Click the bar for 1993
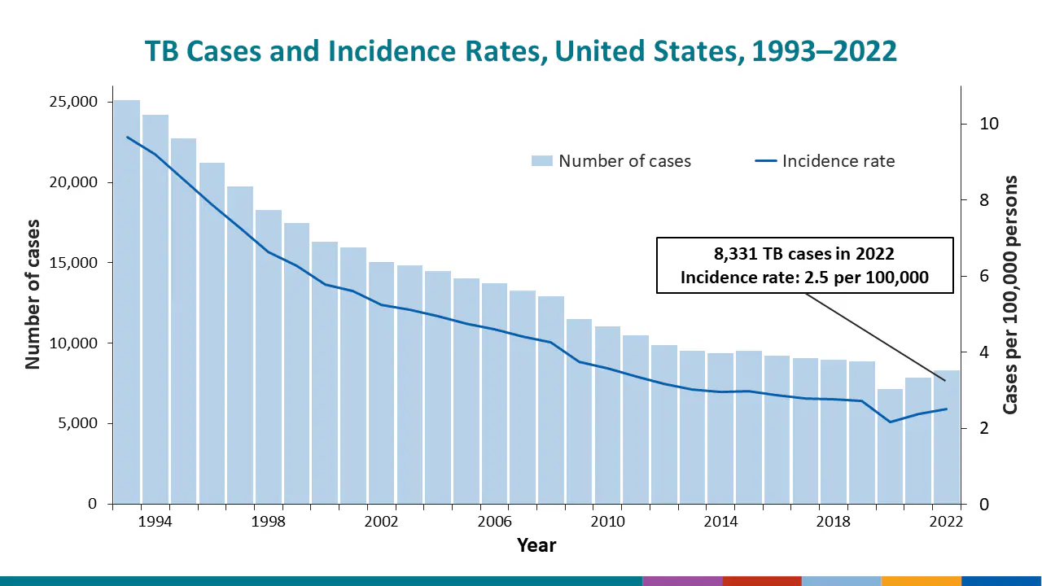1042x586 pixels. pos(126,302)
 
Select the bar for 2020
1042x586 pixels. pos(890,447)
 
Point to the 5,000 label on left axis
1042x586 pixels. pos(78,423)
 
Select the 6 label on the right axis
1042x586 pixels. pos(983,276)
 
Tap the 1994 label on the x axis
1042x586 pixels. pos(155,521)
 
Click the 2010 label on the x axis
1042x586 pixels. pos(607,521)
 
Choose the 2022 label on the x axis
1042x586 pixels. pos(946,521)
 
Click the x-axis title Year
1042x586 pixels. pos(536,545)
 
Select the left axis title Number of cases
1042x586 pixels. pos(33,293)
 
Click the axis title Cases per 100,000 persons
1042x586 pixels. pos(1010,295)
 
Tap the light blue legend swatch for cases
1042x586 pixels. pos(541,161)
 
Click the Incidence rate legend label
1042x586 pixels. pos(838,161)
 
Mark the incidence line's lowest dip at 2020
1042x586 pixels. pos(890,422)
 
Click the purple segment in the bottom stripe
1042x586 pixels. pos(682,581)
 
